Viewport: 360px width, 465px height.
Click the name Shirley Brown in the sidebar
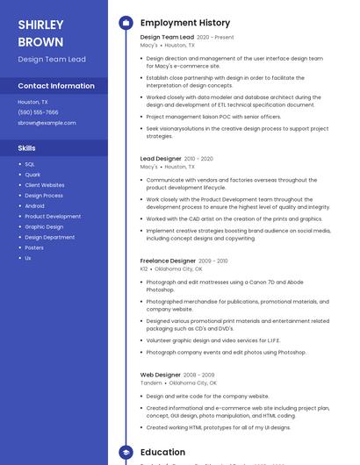(40, 32)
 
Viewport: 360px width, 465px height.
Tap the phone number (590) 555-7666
(38, 112)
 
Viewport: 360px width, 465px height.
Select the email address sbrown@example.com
(47, 123)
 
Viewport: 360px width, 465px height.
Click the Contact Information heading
(56, 86)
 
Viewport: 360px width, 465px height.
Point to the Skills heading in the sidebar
(26, 148)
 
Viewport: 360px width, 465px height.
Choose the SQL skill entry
(30, 164)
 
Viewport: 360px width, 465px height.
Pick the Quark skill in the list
(32, 175)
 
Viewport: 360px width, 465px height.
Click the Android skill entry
(34, 206)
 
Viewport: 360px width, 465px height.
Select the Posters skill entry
(34, 247)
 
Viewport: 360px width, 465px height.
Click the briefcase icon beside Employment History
(126, 23)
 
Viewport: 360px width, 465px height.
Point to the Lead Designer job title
(160, 159)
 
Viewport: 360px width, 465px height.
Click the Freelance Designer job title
(168, 261)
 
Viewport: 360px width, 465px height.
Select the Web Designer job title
(160, 375)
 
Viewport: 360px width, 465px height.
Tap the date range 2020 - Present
(215, 38)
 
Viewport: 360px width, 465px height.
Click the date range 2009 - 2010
(213, 261)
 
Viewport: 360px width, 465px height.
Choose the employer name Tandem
(151, 383)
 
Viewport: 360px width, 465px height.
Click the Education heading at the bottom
(162, 453)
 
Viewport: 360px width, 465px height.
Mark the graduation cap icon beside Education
(126, 453)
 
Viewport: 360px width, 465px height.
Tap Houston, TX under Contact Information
(33, 102)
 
